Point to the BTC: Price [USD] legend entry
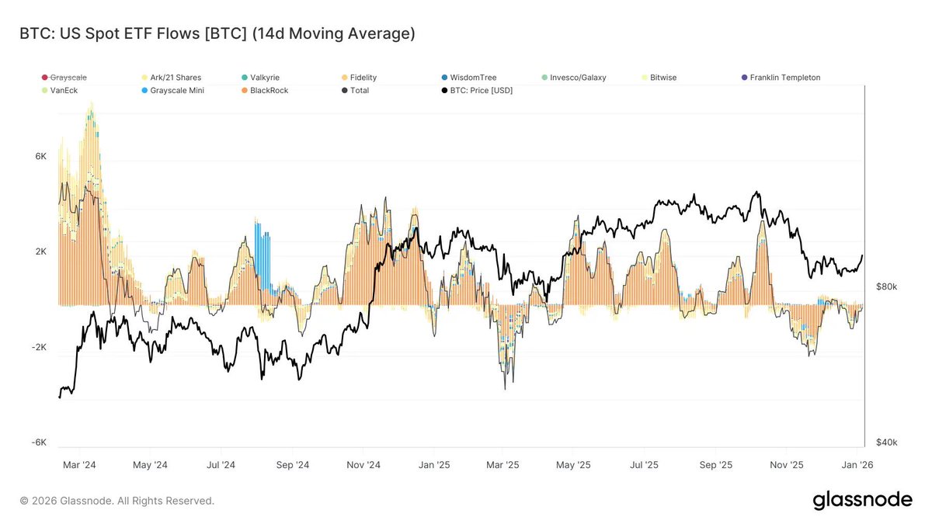(x=476, y=91)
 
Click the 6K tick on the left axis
(x=40, y=156)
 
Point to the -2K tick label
(x=39, y=347)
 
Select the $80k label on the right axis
(x=886, y=286)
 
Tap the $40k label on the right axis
(x=886, y=442)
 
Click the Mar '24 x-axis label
(x=79, y=465)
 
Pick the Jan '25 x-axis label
(x=433, y=465)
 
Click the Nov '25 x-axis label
(x=786, y=465)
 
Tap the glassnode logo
(x=862, y=501)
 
